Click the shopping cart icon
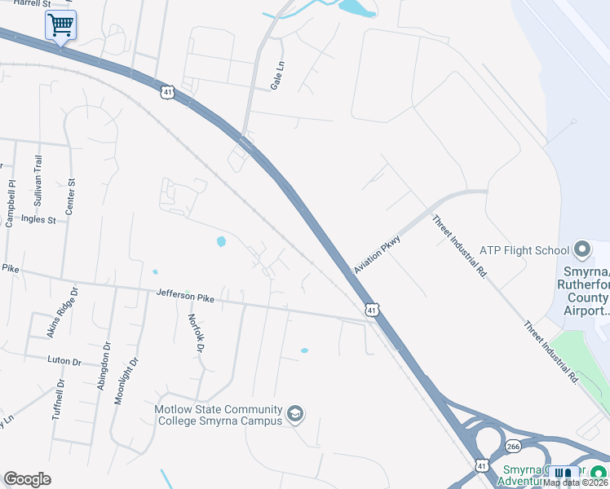tap(60, 25)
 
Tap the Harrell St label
tap(27, 4)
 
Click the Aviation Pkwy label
tap(377, 254)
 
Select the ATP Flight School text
tap(524, 249)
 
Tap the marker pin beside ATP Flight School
tap(581, 249)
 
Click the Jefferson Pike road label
tap(185, 298)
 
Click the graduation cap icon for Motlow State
tap(295, 416)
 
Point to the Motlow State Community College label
tap(219, 415)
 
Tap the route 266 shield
tap(513, 446)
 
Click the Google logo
tap(27, 479)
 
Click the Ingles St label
tap(38, 219)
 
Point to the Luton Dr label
tap(65, 360)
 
